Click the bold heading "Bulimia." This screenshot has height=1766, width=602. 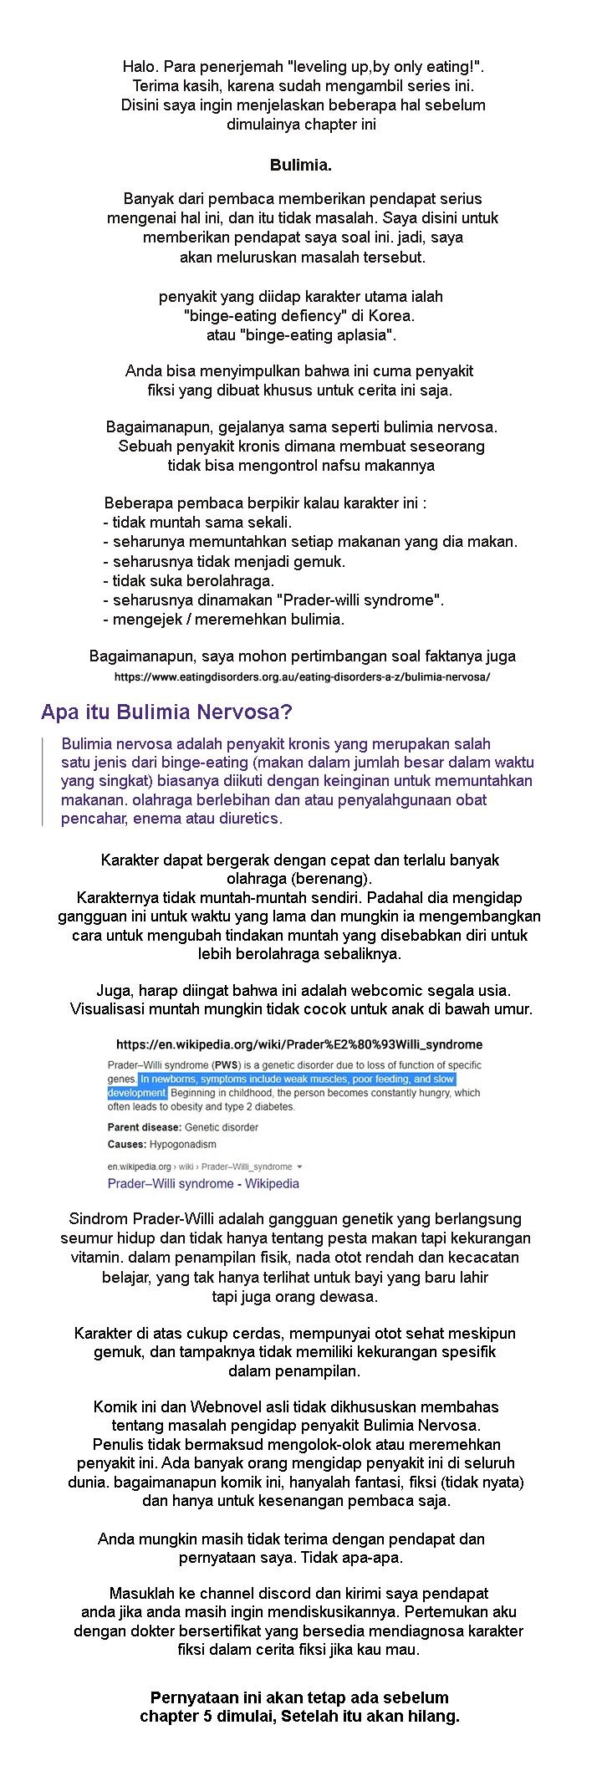pos(300,166)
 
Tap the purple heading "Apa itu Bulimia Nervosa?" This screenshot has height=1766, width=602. pos(166,712)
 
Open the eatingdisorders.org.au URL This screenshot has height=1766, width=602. pos(302,676)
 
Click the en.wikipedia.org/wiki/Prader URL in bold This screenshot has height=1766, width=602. pos(299,1044)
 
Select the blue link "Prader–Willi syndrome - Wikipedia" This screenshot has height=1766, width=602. pos(203,1183)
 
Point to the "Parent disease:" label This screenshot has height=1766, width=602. pos(145,1127)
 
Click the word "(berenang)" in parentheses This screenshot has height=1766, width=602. pos(334,879)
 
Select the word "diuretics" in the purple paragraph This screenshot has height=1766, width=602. pos(250,818)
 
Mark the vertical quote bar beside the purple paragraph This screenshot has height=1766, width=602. pos(43,781)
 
